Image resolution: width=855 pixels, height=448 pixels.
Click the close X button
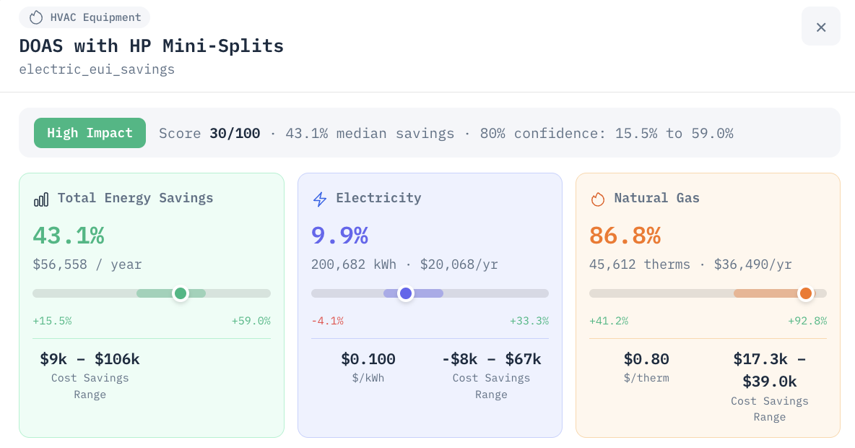pyautogui.click(x=820, y=27)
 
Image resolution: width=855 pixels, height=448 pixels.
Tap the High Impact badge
pyautogui.click(x=90, y=133)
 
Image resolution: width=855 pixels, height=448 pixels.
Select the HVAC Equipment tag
pyautogui.click(x=84, y=17)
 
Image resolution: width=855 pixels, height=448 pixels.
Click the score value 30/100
pyautogui.click(x=235, y=133)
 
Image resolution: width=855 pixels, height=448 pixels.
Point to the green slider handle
pyautogui.click(x=181, y=293)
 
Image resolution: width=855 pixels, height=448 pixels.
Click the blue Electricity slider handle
pyautogui.click(x=406, y=293)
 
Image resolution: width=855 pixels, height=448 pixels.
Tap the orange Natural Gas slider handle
pyautogui.click(x=805, y=293)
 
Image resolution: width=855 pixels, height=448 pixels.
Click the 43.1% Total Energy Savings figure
pyautogui.click(x=69, y=236)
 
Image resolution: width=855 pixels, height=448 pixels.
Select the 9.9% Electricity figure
pyautogui.click(x=339, y=236)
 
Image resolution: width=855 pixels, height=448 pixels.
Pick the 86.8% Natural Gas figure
pyautogui.click(x=625, y=236)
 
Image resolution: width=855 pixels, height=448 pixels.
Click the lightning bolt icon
pyautogui.click(x=320, y=199)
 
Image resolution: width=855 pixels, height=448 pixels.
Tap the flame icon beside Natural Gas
pyautogui.click(x=598, y=199)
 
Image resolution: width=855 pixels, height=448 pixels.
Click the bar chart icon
pyautogui.click(x=41, y=199)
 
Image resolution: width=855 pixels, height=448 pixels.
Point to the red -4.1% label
pyautogui.click(x=327, y=321)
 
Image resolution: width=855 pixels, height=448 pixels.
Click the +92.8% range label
pyautogui.click(x=807, y=321)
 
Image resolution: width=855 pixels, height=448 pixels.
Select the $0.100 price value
pyautogui.click(x=368, y=359)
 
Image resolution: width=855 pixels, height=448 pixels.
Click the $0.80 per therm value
pyautogui.click(x=646, y=359)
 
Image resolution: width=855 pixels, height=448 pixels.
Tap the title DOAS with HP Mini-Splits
pyautogui.click(x=152, y=46)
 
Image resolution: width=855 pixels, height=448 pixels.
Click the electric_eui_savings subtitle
pyautogui.click(x=97, y=69)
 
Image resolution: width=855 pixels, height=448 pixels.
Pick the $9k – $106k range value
pyautogui.click(x=90, y=359)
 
